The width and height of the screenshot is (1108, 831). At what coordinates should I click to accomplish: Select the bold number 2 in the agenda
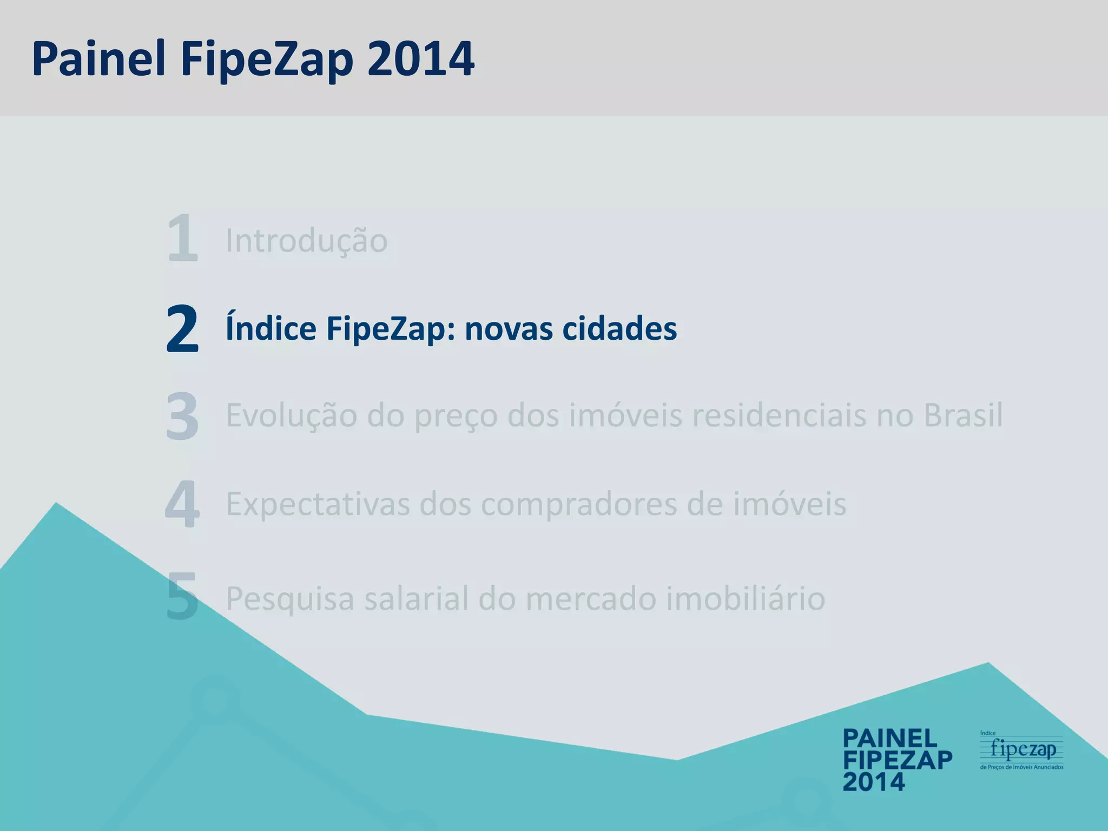point(182,328)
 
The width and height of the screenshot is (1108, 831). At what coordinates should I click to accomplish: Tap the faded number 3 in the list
point(182,416)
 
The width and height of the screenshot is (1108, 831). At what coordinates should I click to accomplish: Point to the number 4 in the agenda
point(182,504)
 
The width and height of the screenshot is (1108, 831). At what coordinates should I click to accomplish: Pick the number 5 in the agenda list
point(182,597)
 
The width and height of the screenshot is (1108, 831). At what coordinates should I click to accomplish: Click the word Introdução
point(306,240)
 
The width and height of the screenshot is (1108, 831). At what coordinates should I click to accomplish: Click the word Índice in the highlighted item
point(271,328)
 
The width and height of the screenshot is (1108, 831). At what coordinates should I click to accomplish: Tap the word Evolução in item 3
point(291,415)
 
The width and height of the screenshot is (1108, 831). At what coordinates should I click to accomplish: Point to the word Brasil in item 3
point(963,415)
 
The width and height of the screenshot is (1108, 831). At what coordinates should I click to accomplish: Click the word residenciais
point(779,415)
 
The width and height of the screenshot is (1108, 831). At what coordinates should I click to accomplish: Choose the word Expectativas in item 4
point(318,504)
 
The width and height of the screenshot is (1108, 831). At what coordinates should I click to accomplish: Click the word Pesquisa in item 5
point(289,598)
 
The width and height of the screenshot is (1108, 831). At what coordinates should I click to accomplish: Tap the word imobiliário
point(746,598)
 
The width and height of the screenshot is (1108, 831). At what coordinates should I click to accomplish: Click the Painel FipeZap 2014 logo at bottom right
point(897,760)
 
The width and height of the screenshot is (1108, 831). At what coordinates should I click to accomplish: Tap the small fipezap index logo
point(1021,750)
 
